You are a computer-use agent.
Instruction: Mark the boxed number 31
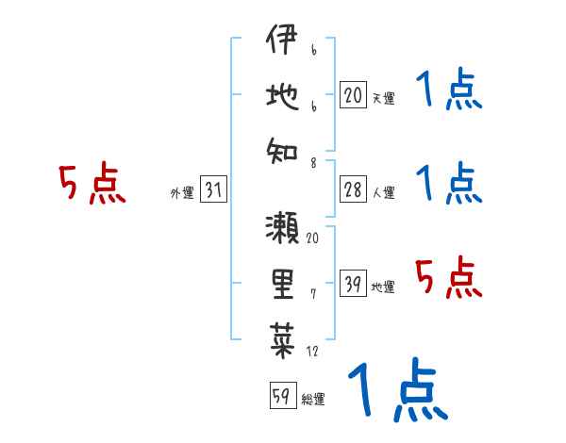tap(213, 191)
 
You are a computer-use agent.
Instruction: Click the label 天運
tap(383, 97)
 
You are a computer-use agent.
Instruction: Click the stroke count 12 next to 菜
tap(312, 352)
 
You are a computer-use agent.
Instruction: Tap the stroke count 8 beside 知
tap(312, 161)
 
